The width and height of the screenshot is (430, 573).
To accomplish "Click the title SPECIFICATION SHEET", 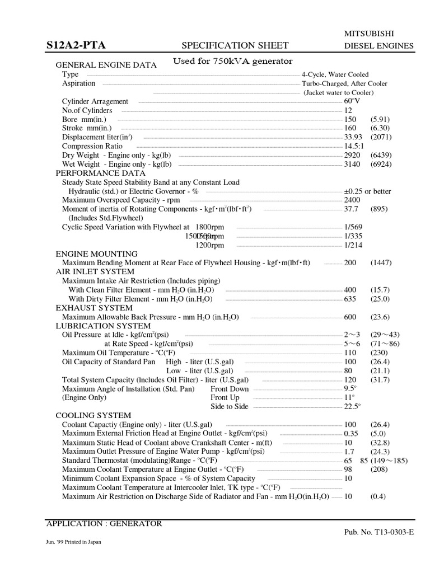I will (x=236, y=45).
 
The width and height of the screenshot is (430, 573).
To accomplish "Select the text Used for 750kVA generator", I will (x=232, y=61).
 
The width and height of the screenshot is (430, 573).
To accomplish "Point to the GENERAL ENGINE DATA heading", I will (x=106, y=65).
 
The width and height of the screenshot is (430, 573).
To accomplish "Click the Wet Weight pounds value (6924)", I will (x=381, y=164).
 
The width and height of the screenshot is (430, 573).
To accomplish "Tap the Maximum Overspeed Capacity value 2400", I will (x=352, y=200).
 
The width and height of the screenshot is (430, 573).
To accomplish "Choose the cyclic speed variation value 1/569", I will (x=353, y=227).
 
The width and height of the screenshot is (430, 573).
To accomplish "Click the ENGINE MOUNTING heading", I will (x=96, y=253).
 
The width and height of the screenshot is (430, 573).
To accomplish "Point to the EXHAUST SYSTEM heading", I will (x=94, y=308).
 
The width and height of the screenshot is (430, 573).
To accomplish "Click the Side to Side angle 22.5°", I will (x=352, y=407).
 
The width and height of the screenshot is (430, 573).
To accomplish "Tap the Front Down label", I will (x=230, y=389).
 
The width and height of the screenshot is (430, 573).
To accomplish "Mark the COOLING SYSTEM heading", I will (x=94, y=416).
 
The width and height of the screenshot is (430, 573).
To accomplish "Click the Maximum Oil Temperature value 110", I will (x=350, y=353).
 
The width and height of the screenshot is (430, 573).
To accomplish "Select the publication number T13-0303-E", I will (x=386, y=533).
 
